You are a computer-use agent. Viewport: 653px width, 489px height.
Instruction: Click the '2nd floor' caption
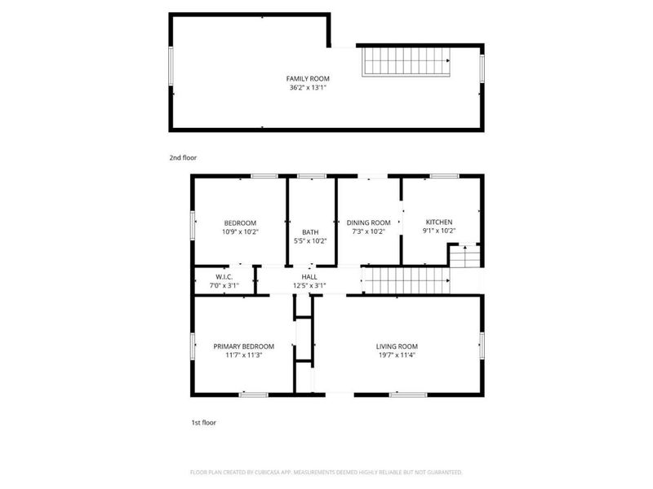point(183,157)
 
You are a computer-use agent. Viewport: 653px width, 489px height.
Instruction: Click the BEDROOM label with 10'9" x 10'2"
point(241,222)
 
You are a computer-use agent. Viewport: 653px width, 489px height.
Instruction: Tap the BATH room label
point(310,231)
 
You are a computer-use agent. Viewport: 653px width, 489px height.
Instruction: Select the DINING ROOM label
point(369,222)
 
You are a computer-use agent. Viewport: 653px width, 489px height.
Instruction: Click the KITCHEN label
point(439,222)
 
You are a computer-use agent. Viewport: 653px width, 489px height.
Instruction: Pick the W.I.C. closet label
point(224,276)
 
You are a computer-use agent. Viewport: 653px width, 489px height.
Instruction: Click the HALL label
point(309,276)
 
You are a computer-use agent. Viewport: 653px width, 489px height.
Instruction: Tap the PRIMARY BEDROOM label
point(244,346)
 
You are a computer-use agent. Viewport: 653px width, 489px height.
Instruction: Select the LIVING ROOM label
point(397,346)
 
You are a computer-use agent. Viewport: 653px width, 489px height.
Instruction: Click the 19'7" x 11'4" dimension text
point(397,355)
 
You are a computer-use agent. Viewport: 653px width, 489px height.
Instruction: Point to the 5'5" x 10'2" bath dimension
point(310,241)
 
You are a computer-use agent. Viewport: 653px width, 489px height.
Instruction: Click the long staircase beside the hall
point(406,280)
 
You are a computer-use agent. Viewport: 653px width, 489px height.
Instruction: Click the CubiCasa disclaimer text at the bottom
point(326,472)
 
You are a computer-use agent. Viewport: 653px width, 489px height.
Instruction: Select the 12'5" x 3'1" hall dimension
point(309,285)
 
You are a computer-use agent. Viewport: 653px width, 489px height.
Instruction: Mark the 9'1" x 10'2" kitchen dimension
point(439,231)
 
